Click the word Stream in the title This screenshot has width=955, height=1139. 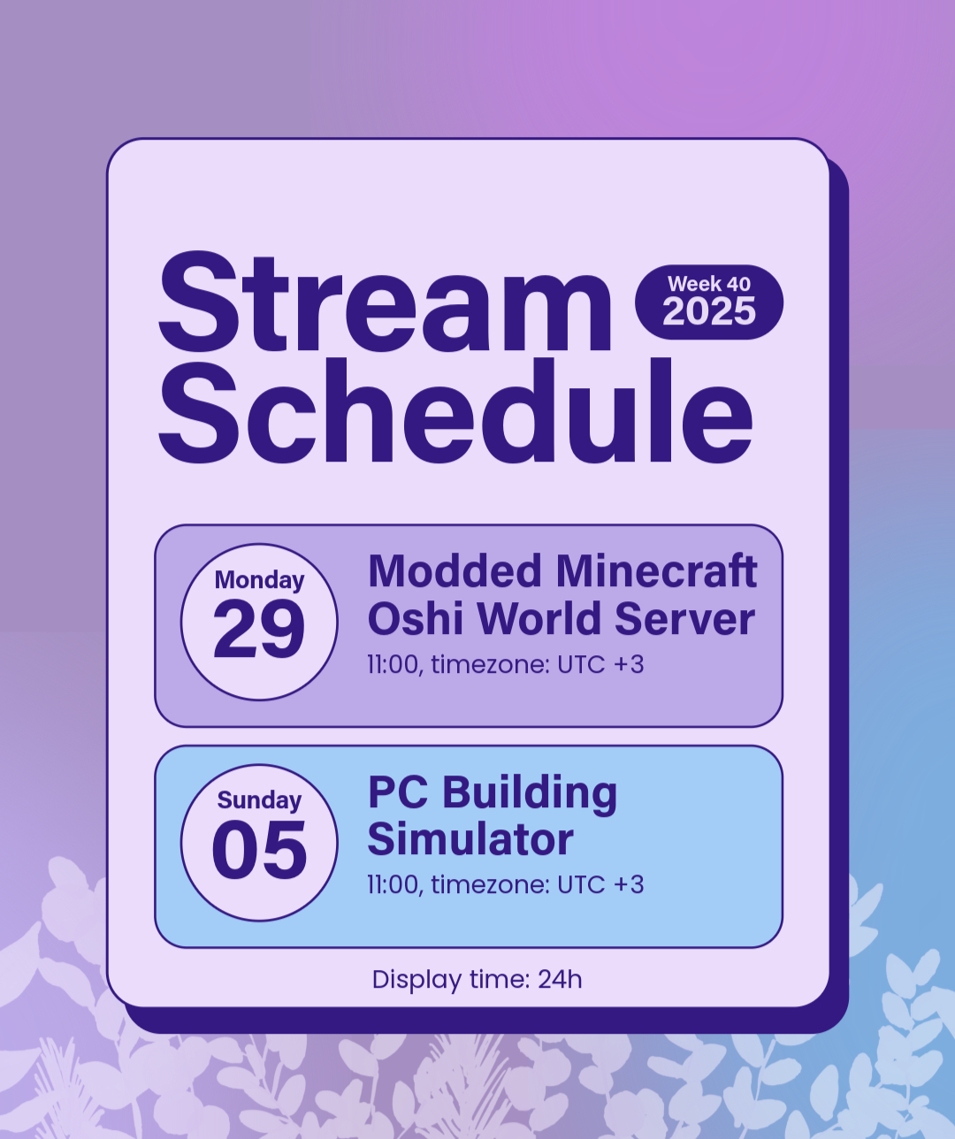coord(385,302)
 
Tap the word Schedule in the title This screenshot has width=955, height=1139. coord(455,410)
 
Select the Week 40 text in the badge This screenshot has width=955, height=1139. coord(709,284)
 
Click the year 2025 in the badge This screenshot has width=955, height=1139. coord(709,311)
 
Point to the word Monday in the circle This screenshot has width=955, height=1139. coord(259,580)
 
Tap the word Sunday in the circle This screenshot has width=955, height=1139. coord(259,800)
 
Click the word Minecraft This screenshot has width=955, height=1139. coord(657,571)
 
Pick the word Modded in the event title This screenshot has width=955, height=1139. coord(455,571)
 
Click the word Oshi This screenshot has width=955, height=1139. coord(416,619)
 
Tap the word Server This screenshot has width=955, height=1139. coord(684,619)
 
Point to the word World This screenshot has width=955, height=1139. coord(539,619)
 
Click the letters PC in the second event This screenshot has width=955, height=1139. coord(398,792)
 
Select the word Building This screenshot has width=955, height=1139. coord(530,795)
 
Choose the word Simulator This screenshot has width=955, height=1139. coord(470,839)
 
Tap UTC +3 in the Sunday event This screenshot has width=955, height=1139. coord(600,885)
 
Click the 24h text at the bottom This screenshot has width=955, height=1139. coord(560,979)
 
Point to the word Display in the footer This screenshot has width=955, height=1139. coord(417,980)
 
